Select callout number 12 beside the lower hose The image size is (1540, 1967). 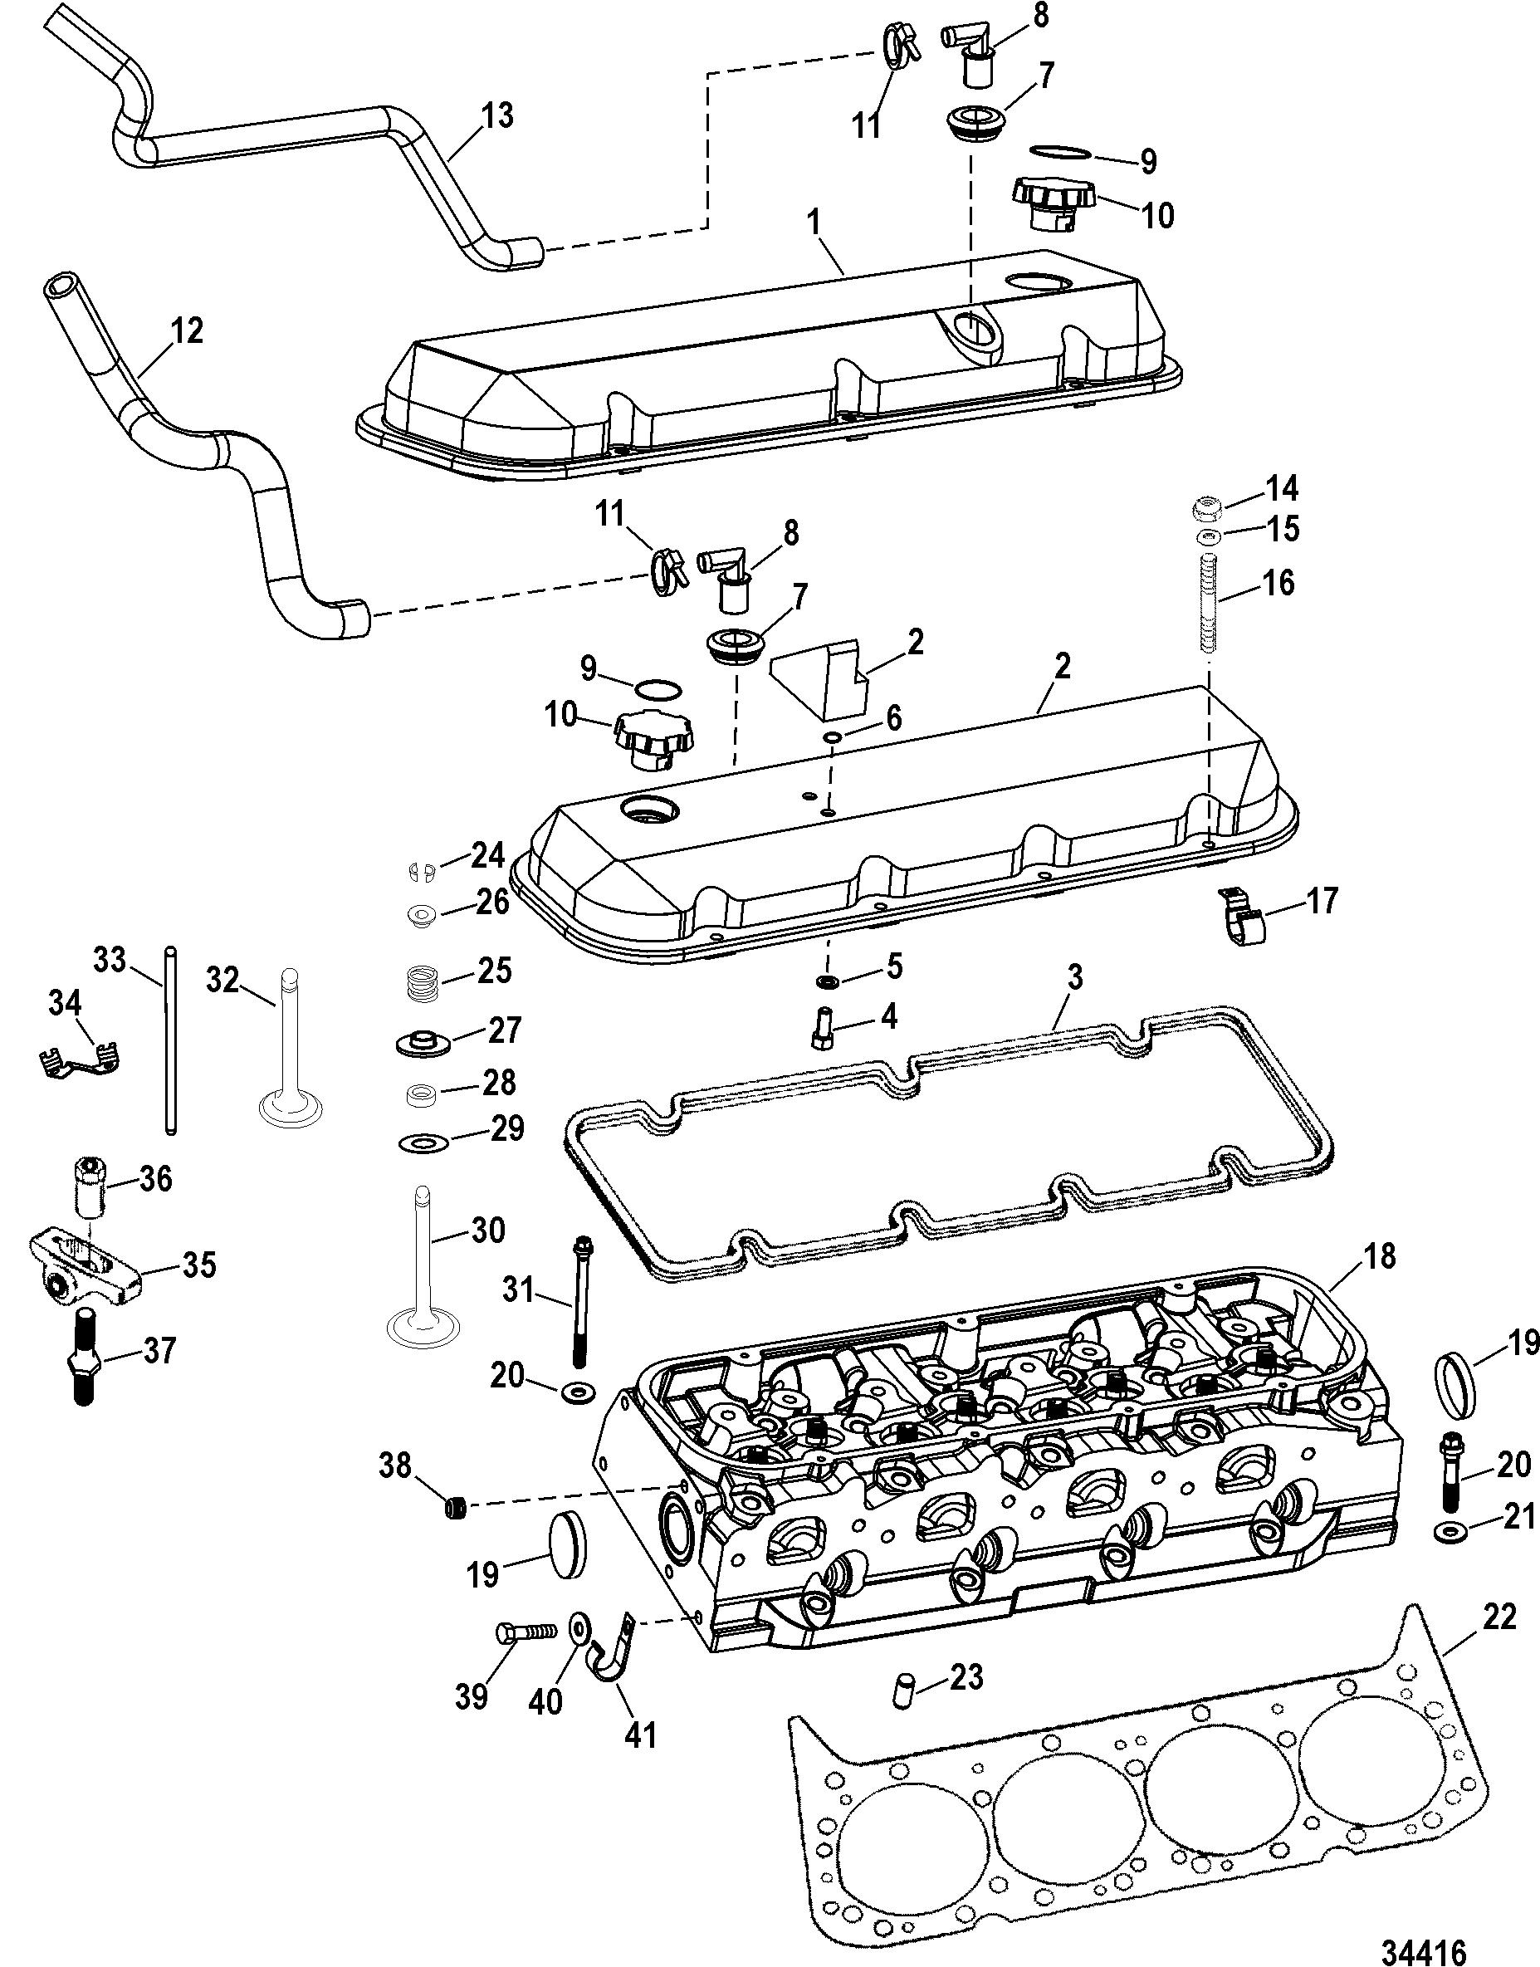(x=186, y=331)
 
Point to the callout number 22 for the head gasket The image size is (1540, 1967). (x=1499, y=1617)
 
